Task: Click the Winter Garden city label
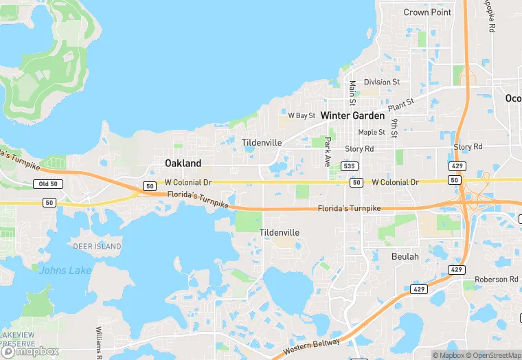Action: tap(352, 115)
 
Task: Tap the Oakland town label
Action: tap(183, 163)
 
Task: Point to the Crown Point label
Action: tap(427, 12)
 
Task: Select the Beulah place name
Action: tap(405, 256)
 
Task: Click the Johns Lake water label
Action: tap(65, 270)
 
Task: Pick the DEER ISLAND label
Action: tap(98, 246)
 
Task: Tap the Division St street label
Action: tap(382, 82)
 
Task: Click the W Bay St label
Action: tap(302, 115)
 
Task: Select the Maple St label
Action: tap(372, 132)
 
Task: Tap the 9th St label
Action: tap(394, 128)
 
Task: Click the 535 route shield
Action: tap(350, 166)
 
